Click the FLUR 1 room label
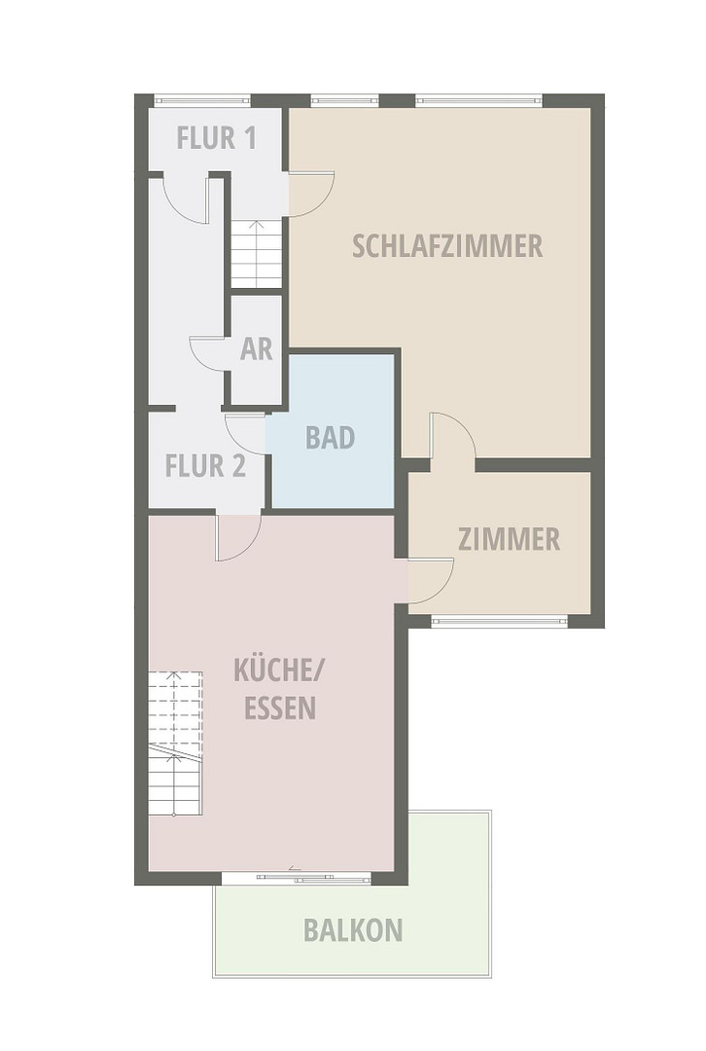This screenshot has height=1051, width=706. pyautogui.click(x=216, y=137)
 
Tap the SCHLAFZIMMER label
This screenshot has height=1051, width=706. pyautogui.click(x=447, y=246)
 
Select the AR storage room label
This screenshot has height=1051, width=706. pyautogui.click(x=257, y=349)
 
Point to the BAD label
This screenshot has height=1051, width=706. pyautogui.click(x=330, y=437)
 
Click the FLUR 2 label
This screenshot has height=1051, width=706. pyautogui.click(x=205, y=466)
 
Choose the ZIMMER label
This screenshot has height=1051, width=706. pyautogui.click(x=509, y=539)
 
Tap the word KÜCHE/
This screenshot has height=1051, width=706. pyautogui.click(x=278, y=670)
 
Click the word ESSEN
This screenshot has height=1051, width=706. pyautogui.click(x=280, y=707)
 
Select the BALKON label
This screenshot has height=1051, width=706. pyautogui.click(x=353, y=930)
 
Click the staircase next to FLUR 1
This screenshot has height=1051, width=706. pyautogui.click(x=256, y=253)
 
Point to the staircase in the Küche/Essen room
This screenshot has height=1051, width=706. pyautogui.click(x=175, y=743)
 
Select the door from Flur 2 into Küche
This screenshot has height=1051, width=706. pyautogui.click(x=238, y=537)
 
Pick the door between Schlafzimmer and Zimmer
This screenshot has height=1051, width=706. pyautogui.click(x=453, y=436)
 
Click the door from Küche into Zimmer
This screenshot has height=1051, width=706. pyautogui.click(x=431, y=580)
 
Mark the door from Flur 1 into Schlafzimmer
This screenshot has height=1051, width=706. pyautogui.click(x=311, y=195)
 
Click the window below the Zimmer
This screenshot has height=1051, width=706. pyautogui.click(x=500, y=621)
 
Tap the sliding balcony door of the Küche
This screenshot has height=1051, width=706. pyautogui.click(x=296, y=878)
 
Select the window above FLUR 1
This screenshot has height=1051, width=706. pyautogui.click(x=202, y=100)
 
